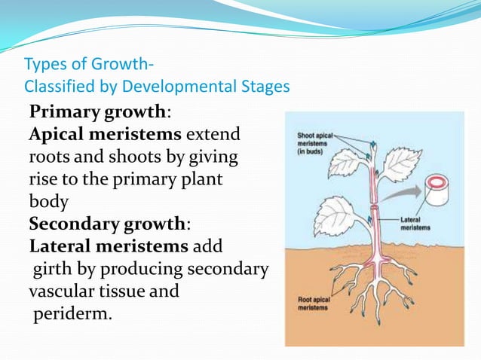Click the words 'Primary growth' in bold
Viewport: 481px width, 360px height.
click(97, 114)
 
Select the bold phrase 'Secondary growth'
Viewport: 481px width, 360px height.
click(108, 224)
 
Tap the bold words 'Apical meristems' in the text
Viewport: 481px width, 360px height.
click(105, 136)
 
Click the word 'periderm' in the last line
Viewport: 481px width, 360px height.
click(72, 313)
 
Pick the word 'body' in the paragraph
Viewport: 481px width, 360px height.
click(47, 203)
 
